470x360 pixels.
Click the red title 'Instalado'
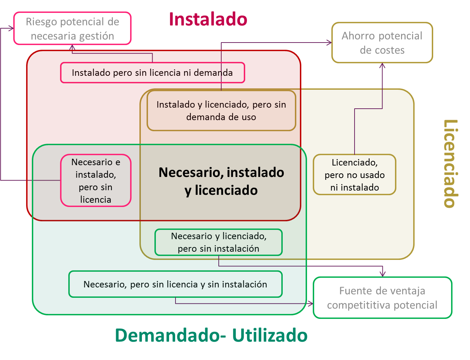coord(208,19)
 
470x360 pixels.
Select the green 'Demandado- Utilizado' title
coord(211,335)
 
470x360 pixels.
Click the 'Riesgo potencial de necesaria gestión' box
coord(72,29)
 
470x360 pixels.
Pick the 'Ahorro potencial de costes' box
coord(382,43)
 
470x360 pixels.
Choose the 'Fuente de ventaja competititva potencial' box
coord(382,297)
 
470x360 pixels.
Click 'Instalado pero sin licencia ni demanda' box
coord(152,73)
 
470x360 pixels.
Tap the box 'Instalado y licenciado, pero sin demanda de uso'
coord(221,110)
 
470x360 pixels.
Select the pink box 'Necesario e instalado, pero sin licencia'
coord(95,180)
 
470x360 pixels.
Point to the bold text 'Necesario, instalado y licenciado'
coord(221,181)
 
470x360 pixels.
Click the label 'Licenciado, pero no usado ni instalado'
coord(354,175)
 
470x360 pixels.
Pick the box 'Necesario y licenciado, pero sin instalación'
coord(218,242)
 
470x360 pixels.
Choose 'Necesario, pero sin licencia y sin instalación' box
coord(175,284)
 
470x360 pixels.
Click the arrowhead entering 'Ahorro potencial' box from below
coord(382,66)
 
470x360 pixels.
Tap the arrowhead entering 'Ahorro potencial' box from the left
coord(329,43)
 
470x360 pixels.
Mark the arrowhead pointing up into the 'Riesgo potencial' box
coord(72,47)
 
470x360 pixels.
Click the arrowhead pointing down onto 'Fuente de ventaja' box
coord(382,274)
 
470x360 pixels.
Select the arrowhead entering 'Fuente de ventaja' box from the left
coord(310,304)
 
